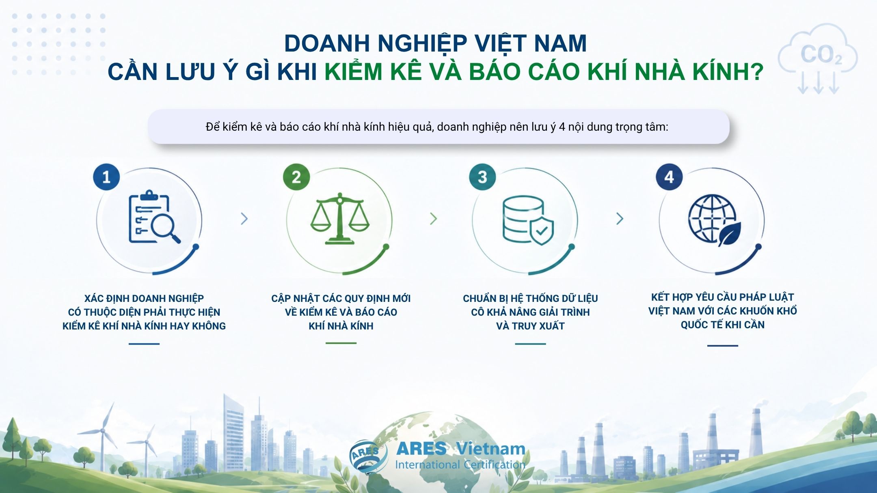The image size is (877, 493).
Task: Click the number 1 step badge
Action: pos(106,177)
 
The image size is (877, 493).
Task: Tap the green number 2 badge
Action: pos(296,177)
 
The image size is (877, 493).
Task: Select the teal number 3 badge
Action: pos(482,177)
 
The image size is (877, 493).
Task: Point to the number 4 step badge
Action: pos(669,177)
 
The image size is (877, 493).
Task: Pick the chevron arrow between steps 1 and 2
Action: pos(244,219)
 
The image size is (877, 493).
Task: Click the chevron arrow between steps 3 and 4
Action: pos(620,219)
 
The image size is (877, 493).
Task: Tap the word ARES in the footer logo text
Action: pos(421,449)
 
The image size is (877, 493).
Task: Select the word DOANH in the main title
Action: pos(327,43)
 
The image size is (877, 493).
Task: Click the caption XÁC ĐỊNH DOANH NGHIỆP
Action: pos(144,298)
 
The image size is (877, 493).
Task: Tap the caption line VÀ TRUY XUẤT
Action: pos(530,326)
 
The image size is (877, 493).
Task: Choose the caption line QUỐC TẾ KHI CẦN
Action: pos(723,325)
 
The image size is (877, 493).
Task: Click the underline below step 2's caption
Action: pos(341,343)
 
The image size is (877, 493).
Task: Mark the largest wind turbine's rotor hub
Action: pos(103,431)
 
